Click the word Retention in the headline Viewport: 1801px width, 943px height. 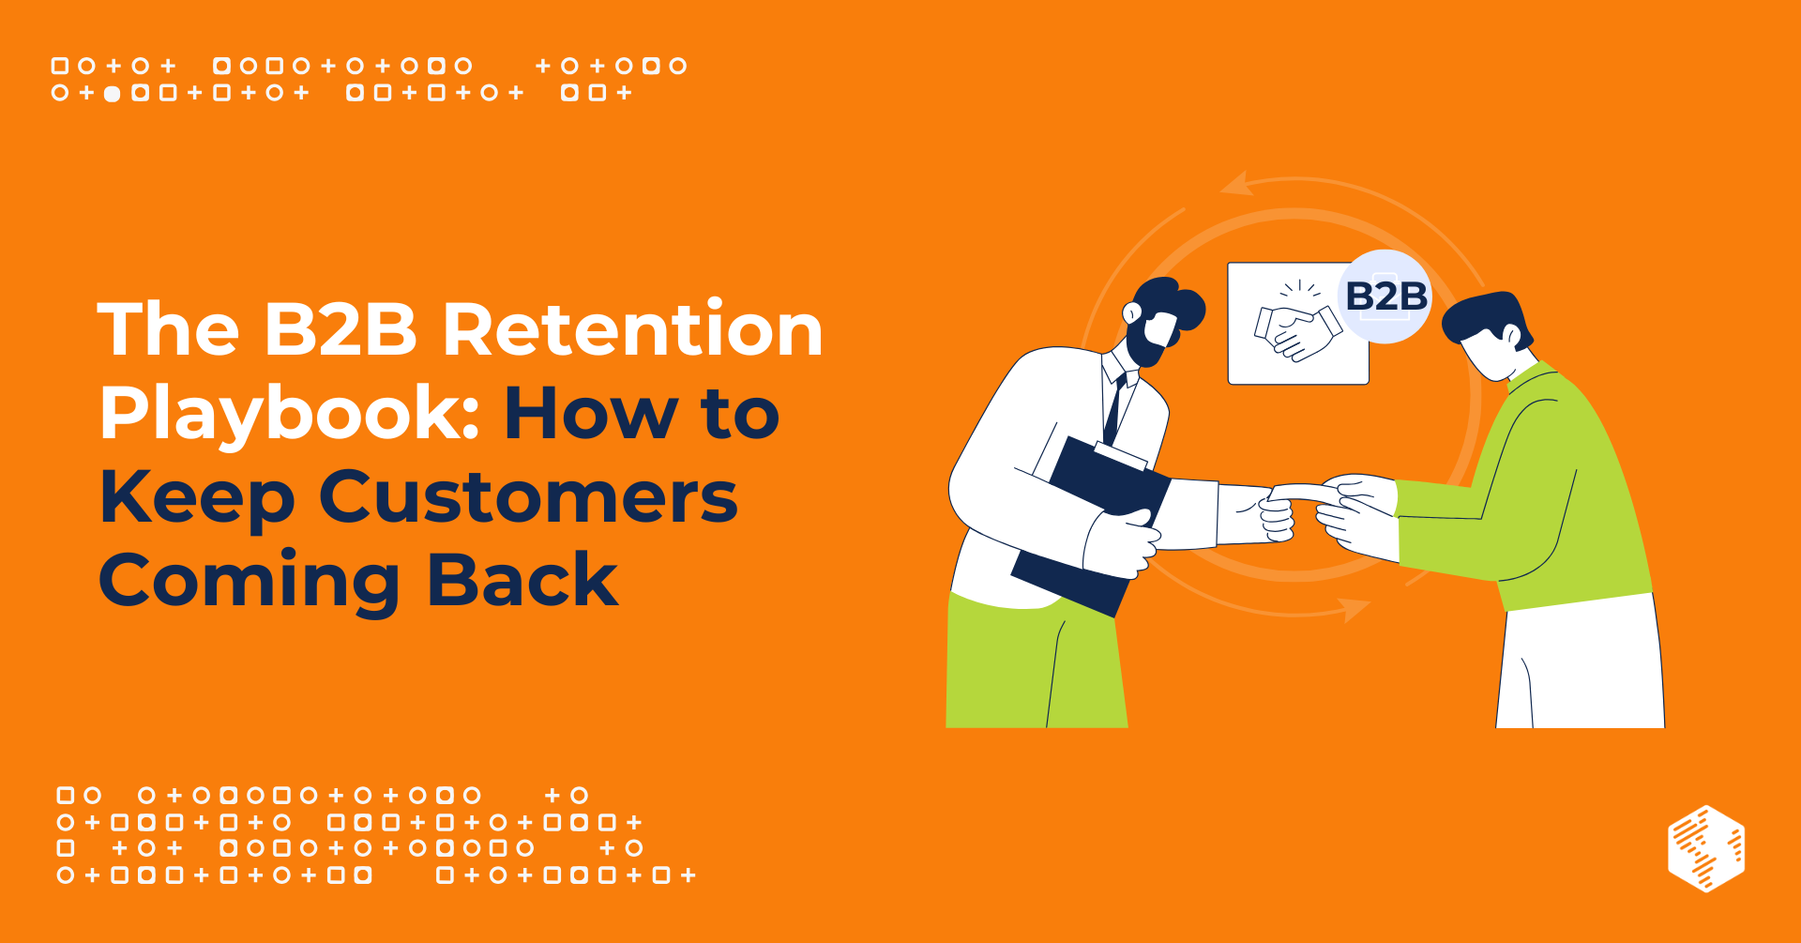coord(632,330)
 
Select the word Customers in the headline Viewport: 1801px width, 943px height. coord(528,496)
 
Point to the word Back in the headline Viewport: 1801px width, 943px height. coord(522,580)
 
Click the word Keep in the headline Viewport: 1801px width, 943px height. coord(197,498)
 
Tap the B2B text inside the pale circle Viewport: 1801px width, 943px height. coord(1385,297)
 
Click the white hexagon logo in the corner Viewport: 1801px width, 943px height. coord(1706,847)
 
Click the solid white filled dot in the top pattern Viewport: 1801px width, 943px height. coord(112,94)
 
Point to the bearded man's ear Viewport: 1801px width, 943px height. coord(1132,312)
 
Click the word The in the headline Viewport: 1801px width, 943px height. coord(169,330)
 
